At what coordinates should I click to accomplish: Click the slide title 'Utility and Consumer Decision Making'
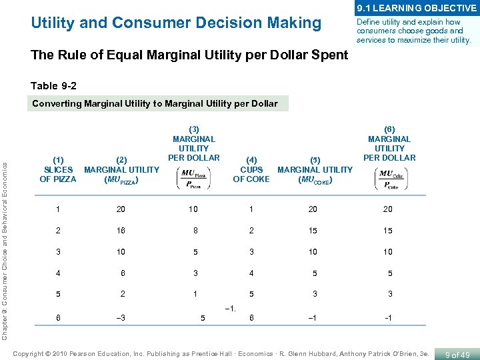176,23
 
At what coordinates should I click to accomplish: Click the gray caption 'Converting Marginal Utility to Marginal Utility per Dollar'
155,103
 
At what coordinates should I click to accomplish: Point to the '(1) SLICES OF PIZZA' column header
58,169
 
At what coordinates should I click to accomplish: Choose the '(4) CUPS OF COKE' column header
251,169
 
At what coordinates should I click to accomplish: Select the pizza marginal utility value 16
121,231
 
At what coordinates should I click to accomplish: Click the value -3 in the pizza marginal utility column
121,319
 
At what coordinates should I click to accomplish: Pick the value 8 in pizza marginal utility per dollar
194,231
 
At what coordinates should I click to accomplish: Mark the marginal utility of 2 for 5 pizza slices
122,294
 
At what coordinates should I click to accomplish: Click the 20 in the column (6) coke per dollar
388,209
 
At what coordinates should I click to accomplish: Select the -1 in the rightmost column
388,319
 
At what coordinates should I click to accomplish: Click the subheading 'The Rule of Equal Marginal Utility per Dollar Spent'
189,55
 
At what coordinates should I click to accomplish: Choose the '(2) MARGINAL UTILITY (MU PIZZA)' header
121,169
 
